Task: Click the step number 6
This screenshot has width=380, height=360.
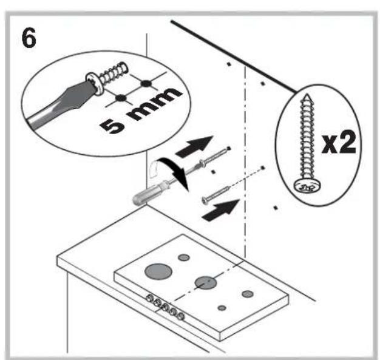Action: pyautogui.click(x=29, y=38)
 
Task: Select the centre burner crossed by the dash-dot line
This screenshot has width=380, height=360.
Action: pyautogui.click(x=206, y=282)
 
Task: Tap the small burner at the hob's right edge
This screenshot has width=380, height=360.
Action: pyautogui.click(x=246, y=294)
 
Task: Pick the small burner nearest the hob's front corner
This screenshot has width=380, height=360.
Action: pyautogui.click(x=223, y=307)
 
